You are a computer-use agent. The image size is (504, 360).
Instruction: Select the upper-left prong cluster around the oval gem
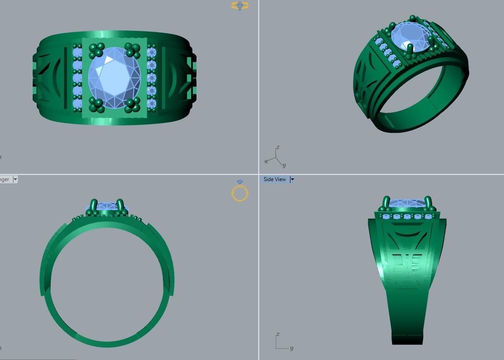(96, 51)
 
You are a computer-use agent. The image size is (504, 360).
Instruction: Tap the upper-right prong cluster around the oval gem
(132, 50)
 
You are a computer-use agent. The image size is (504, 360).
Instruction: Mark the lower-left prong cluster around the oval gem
(96, 105)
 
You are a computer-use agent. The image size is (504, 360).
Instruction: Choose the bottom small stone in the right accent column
(151, 104)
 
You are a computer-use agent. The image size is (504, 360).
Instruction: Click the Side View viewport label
(274, 179)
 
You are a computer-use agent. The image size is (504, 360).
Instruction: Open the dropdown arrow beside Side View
(292, 179)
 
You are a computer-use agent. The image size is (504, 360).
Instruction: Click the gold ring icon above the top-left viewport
(240, 5)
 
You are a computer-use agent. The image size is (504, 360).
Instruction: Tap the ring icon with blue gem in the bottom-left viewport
(240, 192)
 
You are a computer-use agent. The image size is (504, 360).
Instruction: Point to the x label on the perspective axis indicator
(266, 161)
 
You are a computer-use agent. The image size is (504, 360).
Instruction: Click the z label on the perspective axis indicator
(278, 148)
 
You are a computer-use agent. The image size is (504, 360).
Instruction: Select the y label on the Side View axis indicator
(291, 348)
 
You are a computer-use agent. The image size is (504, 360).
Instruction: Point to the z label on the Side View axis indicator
(278, 335)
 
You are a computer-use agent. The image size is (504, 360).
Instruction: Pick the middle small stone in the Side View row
(407, 217)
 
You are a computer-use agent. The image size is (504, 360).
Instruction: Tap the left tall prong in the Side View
(386, 202)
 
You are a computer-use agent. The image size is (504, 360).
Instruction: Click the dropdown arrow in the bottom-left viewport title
(15, 179)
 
